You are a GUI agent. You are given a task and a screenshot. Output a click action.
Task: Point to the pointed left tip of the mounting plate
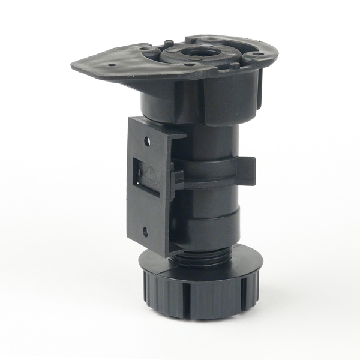(74, 65)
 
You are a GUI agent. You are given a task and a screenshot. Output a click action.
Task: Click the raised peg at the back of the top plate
(170, 41)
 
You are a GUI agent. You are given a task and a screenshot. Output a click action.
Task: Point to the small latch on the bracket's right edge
(177, 177)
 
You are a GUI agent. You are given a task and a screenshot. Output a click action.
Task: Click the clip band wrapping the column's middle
(210, 171)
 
